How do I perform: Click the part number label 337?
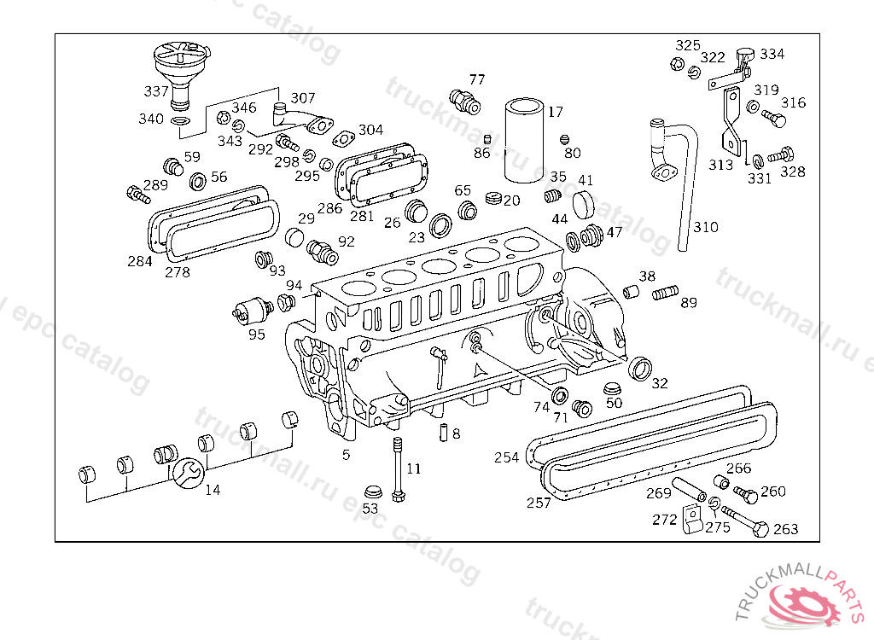(155, 90)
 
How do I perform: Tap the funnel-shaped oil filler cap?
(182, 75)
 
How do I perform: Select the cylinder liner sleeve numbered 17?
(524, 141)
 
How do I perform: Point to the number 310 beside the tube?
(705, 227)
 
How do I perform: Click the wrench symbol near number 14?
(188, 473)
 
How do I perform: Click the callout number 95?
(256, 335)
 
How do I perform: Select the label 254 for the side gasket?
(506, 457)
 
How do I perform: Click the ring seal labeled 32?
(640, 369)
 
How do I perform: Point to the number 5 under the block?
(347, 455)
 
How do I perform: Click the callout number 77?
(476, 79)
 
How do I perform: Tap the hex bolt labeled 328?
(781, 155)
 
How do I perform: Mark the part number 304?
(370, 130)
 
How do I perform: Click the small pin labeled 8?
(444, 433)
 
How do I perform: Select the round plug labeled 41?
(584, 205)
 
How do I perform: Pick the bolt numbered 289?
(138, 194)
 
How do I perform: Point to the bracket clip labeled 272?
(692, 519)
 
